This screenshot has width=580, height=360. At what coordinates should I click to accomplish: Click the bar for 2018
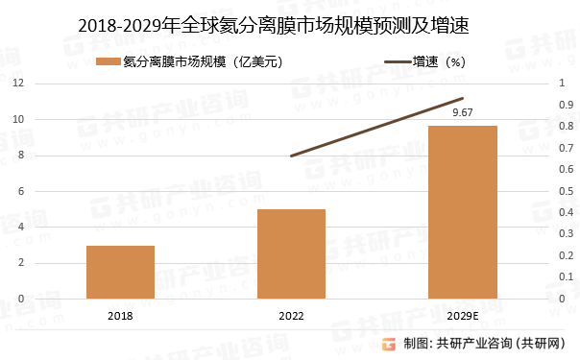coord(120,272)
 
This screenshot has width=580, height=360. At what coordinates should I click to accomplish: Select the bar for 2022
coord(292,253)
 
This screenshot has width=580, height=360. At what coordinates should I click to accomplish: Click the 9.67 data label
coord(463,113)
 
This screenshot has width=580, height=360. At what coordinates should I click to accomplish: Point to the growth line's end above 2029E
coord(463,98)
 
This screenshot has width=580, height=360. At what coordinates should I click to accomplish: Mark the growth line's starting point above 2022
coord(291,156)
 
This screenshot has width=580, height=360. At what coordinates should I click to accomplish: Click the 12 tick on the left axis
coord(19,84)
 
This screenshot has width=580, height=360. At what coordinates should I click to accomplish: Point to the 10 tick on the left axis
coord(19,119)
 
